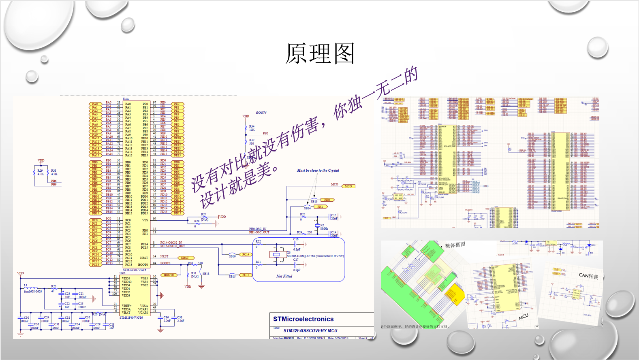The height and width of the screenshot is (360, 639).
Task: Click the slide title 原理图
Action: click(x=320, y=53)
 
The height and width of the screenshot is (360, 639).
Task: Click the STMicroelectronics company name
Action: click(x=303, y=319)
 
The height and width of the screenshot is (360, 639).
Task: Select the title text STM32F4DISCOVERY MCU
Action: click(x=310, y=330)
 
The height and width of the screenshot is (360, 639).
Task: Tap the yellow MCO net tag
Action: click(x=348, y=186)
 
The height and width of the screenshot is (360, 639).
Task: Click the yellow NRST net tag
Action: click(x=185, y=258)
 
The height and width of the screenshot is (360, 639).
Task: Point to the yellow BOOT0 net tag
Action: click(x=169, y=275)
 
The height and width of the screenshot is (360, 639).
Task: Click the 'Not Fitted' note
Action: click(x=284, y=276)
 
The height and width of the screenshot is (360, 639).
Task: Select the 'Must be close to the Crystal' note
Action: click(x=318, y=170)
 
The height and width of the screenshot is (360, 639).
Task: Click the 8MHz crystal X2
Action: click(x=317, y=225)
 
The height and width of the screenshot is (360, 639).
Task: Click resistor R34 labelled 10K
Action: click(x=246, y=128)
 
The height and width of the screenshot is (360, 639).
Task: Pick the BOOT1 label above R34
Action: click(x=261, y=113)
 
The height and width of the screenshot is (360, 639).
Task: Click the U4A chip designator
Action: click(x=126, y=99)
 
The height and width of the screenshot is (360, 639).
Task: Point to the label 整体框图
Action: click(x=455, y=245)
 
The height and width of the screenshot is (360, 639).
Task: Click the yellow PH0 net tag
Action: click(x=327, y=200)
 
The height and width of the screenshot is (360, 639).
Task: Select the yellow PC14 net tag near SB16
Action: click(x=246, y=254)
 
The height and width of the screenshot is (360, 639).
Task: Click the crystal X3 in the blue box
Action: click(x=276, y=254)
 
